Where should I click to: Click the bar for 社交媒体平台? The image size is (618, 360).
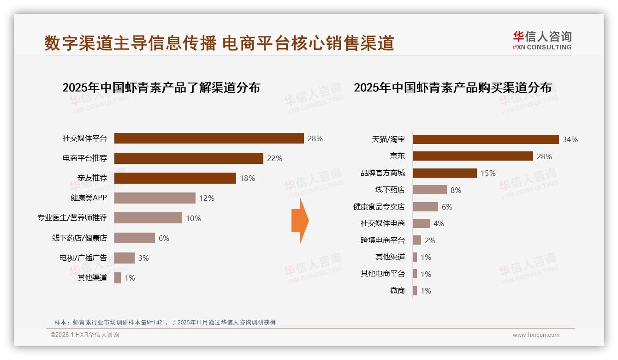(x=209, y=138)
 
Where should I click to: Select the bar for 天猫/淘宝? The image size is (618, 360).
(x=486, y=139)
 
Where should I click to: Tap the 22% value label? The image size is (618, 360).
(x=274, y=158)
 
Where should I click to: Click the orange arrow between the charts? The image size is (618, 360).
(x=300, y=221)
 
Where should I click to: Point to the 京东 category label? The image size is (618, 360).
(x=397, y=156)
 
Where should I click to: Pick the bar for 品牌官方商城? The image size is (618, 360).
(x=445, y=173)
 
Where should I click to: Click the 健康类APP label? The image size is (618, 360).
(x=89, y=198)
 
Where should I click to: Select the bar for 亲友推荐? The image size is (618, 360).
(x=175, y=178)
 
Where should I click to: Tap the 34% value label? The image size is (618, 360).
(x=570, y=139)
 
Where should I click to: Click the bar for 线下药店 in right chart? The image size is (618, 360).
(x=430, y=190)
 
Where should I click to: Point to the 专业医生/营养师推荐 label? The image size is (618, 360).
(x=72, y=218)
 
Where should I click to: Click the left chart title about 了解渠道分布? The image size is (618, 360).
(x=161, y=88)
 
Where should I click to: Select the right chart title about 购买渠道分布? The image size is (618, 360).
(x=452, y=88)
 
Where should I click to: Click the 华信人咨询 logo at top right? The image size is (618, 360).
(x=542, y=41)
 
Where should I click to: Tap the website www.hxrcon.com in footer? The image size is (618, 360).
(x=536, y=335)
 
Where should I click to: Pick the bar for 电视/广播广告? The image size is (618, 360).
(x=125, y=258)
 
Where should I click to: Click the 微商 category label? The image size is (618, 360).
(x=397, y=291)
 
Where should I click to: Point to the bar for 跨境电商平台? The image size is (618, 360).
(x=417, y=240)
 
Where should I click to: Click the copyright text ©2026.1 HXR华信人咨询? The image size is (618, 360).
(x=85, y=335)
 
